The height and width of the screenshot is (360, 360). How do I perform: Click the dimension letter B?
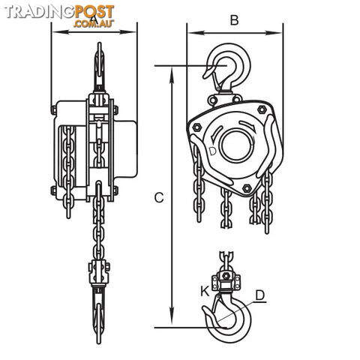234,20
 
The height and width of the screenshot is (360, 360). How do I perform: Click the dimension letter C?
159,197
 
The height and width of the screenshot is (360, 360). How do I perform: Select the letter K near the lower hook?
205,291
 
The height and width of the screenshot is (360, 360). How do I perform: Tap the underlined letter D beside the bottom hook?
260,295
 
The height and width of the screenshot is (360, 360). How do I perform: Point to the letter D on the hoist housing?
212,151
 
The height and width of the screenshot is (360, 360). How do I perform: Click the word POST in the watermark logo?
94,12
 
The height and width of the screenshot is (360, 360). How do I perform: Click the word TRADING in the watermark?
40,12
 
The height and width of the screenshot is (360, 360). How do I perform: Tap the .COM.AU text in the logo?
94,23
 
